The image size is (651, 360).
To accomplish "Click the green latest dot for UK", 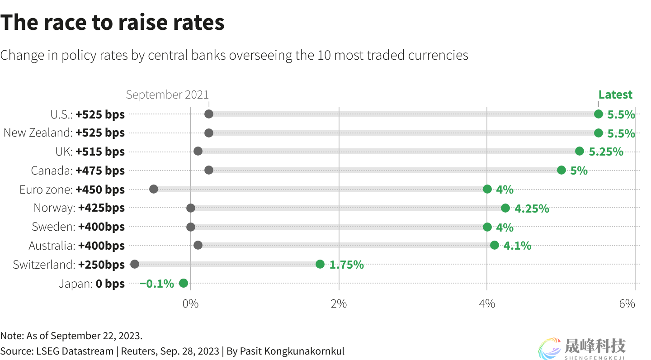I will (580, 151).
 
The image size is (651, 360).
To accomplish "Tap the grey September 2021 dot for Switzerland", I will (135, 264).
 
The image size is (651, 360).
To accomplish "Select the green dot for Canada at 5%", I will (561, 170).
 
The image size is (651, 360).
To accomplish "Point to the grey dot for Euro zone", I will (154, 189).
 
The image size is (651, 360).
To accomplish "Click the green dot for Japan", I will (183, 283).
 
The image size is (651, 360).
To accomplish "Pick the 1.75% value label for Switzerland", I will (346, 265).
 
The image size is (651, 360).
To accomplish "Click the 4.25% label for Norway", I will (532, 208).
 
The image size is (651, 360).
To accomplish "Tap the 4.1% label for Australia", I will (517, 246).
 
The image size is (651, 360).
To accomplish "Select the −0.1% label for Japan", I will (156, 284).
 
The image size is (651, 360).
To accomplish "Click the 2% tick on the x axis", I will (339, 303).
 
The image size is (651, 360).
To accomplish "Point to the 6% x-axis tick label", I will (627, 303).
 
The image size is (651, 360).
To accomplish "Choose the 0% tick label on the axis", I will (190, 303).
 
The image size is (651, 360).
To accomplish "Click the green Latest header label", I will (615, 95).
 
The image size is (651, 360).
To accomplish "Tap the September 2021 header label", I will (167, 95).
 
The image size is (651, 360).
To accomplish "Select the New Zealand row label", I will (38, 133).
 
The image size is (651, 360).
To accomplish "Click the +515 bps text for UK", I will (100, 152).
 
